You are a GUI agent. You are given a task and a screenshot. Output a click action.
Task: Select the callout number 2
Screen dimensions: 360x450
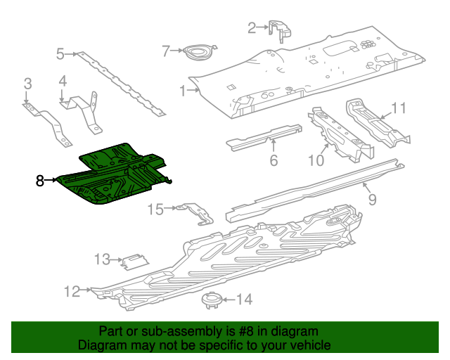(252, 28)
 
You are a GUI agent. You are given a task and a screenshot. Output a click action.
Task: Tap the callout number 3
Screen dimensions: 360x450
(27, 84)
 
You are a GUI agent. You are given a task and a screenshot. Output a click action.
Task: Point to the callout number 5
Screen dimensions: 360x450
(60, 53)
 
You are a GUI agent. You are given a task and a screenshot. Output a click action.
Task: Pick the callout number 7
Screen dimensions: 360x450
(165, 51)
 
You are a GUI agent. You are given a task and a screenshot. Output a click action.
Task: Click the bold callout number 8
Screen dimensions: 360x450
(40, 181)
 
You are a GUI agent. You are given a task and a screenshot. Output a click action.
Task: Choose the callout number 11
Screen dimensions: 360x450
(399, 108)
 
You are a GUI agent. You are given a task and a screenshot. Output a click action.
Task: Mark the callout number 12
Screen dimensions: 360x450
(72, 289)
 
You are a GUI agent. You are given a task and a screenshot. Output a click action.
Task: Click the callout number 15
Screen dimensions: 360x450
(155, 209)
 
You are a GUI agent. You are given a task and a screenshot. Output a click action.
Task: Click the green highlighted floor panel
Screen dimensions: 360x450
(116, 176)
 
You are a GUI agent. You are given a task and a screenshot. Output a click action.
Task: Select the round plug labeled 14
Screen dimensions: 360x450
(212, 301)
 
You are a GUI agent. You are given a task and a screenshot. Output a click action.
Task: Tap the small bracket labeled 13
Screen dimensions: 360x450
(134, 261)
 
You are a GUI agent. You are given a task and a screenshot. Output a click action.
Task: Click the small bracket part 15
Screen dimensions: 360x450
(195, 212)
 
